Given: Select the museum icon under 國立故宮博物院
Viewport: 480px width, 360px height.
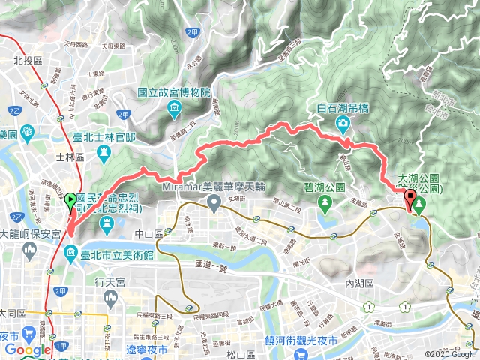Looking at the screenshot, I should point(174,109).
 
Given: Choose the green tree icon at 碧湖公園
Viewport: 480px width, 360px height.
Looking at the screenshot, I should point(325,202).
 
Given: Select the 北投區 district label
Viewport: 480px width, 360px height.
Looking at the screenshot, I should point(25,59).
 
